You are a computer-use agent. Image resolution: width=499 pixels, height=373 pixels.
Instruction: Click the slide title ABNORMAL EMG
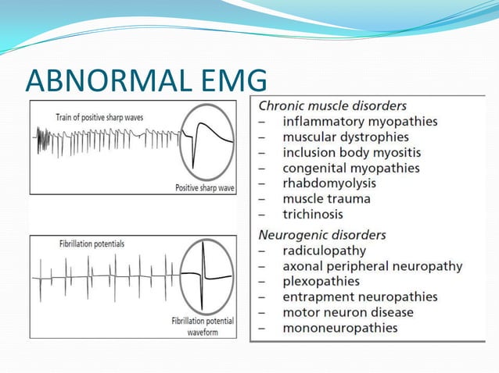point(146,81)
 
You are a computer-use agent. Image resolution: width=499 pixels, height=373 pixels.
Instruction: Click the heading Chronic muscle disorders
point(332,105)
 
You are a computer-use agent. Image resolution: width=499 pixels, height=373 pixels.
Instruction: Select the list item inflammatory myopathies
point(360,122)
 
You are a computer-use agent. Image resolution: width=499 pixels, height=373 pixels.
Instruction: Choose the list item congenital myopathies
point(351,168)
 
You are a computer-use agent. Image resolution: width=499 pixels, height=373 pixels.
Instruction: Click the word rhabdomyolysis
point(329,183)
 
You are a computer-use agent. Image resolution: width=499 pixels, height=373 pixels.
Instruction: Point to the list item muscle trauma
point(327,199)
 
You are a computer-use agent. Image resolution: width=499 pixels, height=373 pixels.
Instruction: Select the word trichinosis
point(313,214)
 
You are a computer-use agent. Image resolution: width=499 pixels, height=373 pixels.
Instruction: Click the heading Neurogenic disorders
point(322,235)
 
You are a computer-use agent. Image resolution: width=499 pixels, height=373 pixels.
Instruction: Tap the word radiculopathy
point(324,250)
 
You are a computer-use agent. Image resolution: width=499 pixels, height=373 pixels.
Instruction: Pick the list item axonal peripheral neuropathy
point(372,266)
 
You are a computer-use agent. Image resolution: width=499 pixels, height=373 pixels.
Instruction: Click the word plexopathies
point(321,281)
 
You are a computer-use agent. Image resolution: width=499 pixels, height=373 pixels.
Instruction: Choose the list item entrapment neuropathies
point(360,297)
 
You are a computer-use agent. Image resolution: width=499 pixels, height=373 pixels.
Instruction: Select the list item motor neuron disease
point(348,312)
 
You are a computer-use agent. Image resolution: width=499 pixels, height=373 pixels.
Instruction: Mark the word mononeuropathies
point(340,328)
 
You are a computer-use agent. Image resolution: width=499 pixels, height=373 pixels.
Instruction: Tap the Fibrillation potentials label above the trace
point(92,244)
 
